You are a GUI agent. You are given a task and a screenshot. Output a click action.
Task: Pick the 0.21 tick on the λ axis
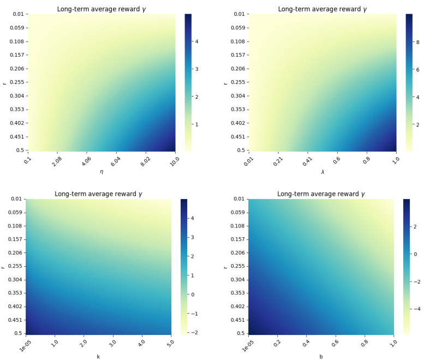click(x=277, y=160)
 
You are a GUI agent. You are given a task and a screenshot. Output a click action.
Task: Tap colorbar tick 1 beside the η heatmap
click(x=193, y=124)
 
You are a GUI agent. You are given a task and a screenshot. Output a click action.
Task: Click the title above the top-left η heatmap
click(x=101, y=9)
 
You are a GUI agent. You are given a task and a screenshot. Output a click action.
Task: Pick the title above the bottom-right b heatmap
click(x=321, y=194)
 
